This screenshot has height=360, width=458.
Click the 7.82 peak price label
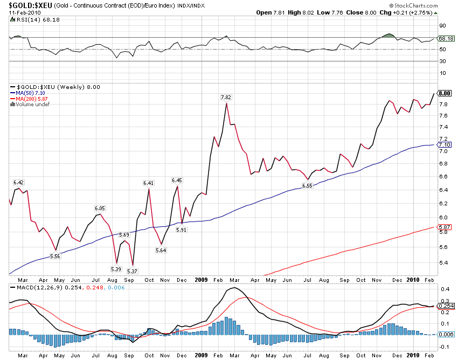pos(226,97)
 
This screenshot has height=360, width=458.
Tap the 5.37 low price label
pos(133,271)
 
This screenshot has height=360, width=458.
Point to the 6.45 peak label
pos(177,180)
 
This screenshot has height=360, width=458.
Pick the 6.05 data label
pos(100,208)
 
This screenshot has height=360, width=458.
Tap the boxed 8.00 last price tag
pos(445,93)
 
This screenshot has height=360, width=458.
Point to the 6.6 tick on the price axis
pos(442,176)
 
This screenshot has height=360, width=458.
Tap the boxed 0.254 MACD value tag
pos(446,306)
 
